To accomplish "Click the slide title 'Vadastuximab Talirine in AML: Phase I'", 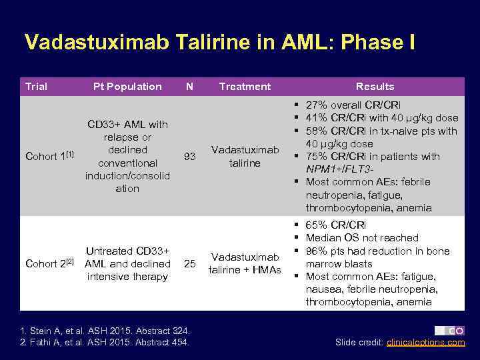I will [x=219, y=42].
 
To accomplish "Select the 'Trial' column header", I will [x=36, y=87].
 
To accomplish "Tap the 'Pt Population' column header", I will [x=127, y=87].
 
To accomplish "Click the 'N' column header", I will [x=190, y=87].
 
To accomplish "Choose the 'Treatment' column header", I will [x=245, y=87].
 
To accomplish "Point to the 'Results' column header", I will [x=375, y=87].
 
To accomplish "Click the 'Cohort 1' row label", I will [x=48, y=157].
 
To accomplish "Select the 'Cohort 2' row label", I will [x=48, y=263].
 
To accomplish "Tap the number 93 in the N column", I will [x=190, y=157].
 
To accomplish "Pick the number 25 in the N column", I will [x=190, y=264].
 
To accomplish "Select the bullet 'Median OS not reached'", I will [x=362, y=238].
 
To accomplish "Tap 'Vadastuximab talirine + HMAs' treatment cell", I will [x=245, y=263].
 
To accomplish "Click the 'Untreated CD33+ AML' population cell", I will [x=127, y=263].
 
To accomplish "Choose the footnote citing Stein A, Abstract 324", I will [x=105, y=331].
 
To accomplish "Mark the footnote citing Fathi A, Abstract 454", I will [x=105, y=343].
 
